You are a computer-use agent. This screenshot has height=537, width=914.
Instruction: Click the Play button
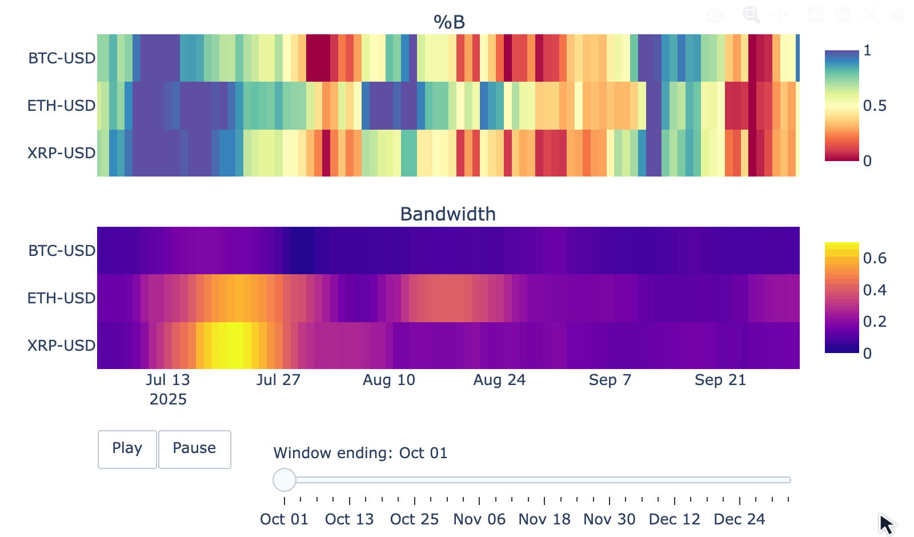point(127,449)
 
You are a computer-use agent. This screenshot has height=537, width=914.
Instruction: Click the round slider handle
point(284,480)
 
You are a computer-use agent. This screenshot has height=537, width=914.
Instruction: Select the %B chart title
point(449,22)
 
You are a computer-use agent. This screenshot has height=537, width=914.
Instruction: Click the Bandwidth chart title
point(448,214)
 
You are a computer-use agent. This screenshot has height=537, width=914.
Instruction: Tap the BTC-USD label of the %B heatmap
point(62,58)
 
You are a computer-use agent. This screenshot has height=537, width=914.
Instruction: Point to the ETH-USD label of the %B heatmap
point(61,106)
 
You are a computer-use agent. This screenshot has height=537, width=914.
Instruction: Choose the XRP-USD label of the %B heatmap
point(61,153)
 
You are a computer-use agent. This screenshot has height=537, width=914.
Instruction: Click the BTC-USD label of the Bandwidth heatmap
point(62,251)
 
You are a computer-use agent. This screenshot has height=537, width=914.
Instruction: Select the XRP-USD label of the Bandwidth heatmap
point(61,346)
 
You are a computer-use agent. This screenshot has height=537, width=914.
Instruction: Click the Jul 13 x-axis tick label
point(168,380)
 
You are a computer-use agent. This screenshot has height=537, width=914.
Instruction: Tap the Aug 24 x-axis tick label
point(499,380)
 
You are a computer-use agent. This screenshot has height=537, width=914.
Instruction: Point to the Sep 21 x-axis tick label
point(720,380)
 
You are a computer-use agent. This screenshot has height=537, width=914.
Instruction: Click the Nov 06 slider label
point(479,519)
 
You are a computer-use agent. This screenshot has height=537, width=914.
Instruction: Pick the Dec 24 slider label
point(739,519)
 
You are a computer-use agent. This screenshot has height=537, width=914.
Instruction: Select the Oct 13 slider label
point(349,519)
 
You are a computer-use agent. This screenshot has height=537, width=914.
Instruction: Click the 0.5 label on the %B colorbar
point(875,106)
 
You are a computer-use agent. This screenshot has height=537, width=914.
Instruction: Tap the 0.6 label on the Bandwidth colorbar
point(875,258)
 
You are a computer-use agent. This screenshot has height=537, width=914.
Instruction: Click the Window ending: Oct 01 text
point(360,453)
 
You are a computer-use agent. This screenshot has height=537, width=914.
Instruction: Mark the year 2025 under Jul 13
point(168,399)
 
